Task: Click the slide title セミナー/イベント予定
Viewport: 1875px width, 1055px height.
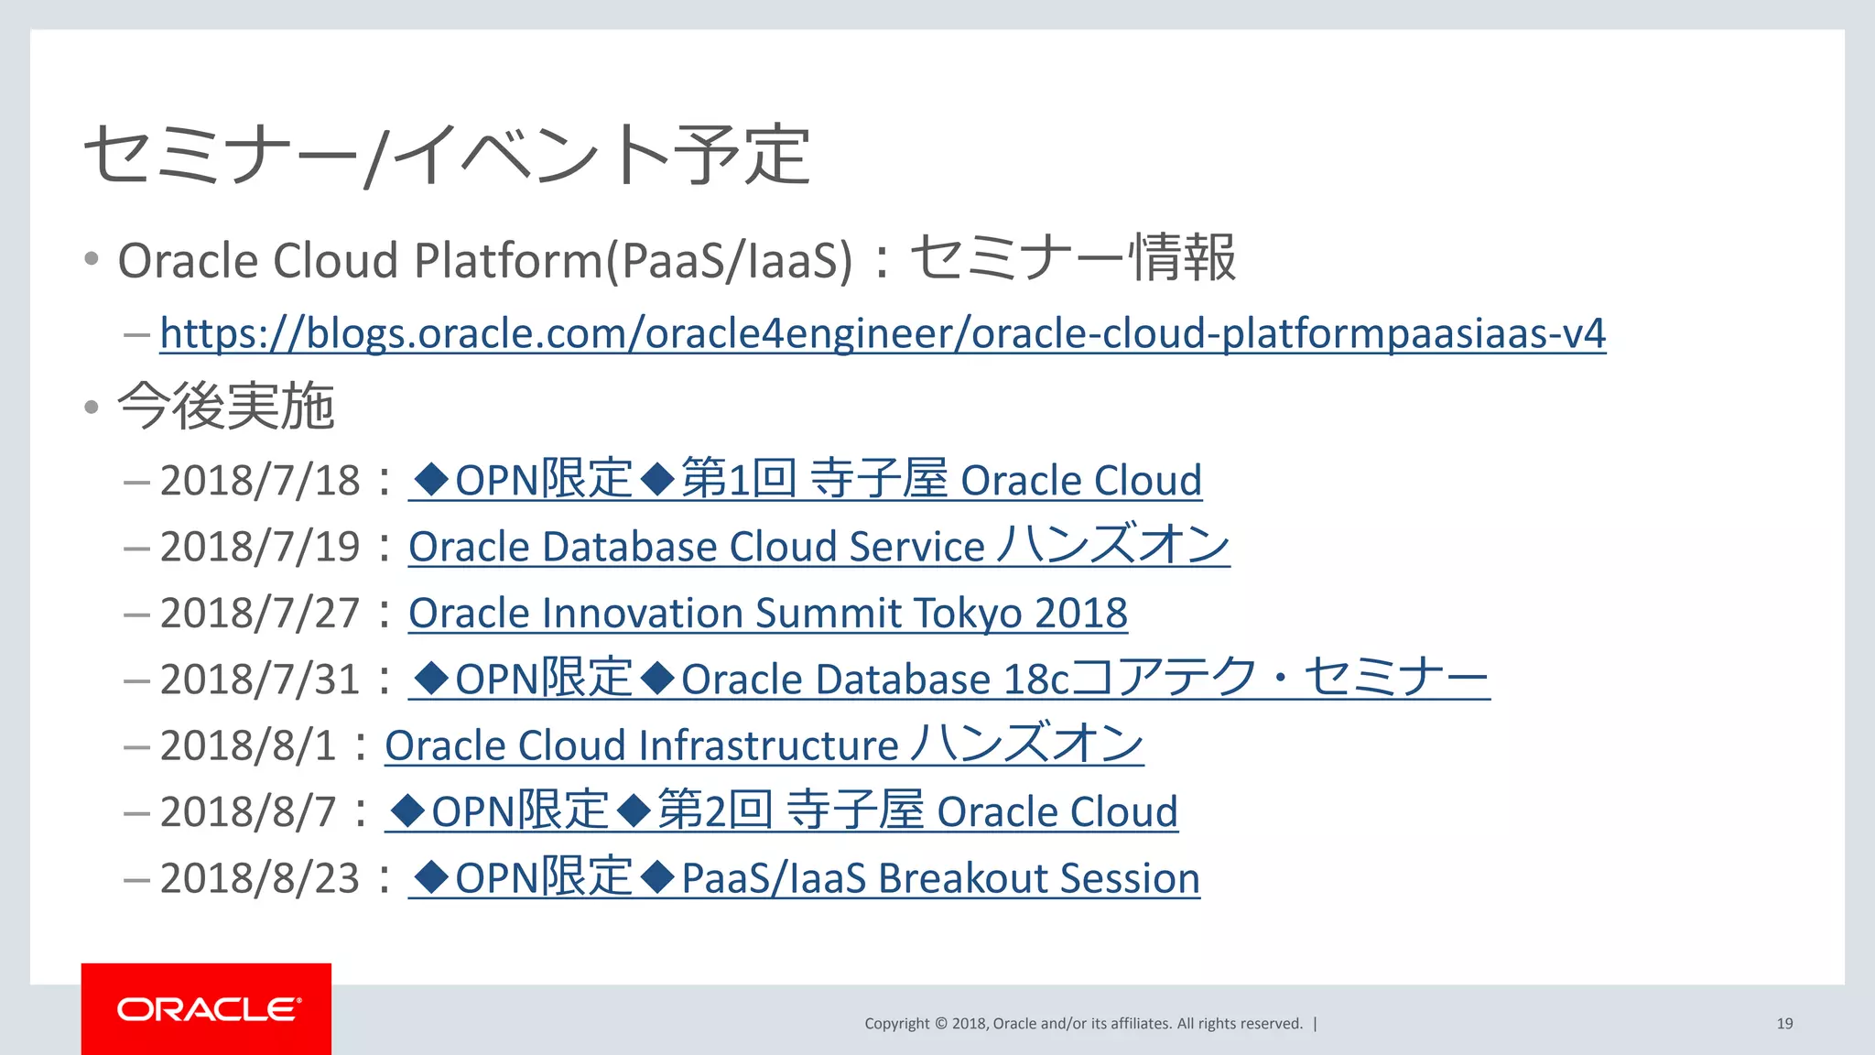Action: [447, 154]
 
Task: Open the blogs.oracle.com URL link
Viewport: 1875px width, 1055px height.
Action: [882, 333]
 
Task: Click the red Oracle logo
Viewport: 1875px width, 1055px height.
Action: [206, 1008]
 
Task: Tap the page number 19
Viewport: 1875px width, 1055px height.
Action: [1784, 1023]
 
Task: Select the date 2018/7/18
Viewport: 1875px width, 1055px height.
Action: [260, 481]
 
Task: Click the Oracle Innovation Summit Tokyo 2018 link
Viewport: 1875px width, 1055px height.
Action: [767, 613]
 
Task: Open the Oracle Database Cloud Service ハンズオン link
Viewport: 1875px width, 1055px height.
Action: [818, 547]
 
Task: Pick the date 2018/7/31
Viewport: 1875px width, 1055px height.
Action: [260, 680]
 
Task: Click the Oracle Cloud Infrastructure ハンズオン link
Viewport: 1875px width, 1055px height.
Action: [764, 745]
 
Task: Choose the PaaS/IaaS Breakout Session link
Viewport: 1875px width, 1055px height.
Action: [940, 878]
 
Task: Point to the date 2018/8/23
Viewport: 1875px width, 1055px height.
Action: [260, 878]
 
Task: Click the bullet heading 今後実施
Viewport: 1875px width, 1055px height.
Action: [225, 406]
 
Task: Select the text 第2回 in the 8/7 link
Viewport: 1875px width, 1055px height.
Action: [715, 811]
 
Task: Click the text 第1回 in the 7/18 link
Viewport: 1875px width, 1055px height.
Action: [739, 480]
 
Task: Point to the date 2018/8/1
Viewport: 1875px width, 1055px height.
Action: [248, 745]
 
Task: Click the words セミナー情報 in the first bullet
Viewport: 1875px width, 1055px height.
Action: [1072, 258]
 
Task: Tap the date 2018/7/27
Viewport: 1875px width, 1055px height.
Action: [260, 613]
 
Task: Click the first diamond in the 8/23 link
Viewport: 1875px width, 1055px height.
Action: [431, 877]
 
